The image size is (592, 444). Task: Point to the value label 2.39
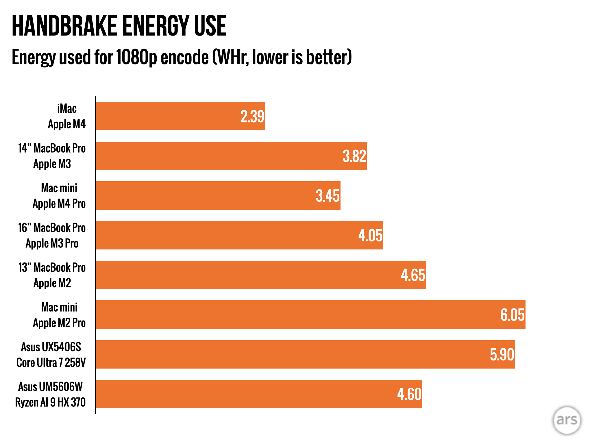[252, 116]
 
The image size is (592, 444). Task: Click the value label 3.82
[354, 156]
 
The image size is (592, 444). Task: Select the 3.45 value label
[328, 196]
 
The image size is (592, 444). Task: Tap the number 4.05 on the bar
[370, 235]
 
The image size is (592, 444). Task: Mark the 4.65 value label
[413, 275]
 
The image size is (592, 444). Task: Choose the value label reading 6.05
[513, 315]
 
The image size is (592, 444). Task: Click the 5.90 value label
[502, 354]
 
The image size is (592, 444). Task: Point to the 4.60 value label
[409, 394]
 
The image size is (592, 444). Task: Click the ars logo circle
[567, 420]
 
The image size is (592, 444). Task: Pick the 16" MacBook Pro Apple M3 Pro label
[52, 235]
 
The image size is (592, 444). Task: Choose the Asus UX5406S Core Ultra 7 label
[51, 354]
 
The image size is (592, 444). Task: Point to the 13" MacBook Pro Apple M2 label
[52, 275]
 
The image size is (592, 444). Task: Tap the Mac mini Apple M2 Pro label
[59, 315]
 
